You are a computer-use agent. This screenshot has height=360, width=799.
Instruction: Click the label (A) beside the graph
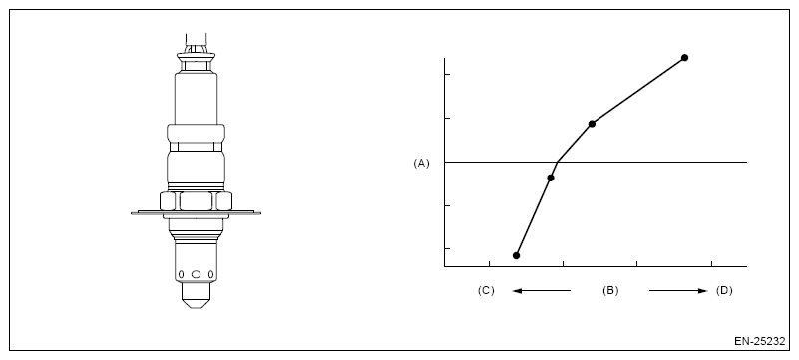click(x=421, y=163)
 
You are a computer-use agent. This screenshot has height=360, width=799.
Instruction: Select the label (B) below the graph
click(x=610, y=291)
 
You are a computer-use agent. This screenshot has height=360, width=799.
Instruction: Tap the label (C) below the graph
click(x=486, y=291)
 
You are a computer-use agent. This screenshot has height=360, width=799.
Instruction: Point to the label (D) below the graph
click(x=724, y=291)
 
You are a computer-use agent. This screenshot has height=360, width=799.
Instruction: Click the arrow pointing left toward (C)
click(x=542, y=291)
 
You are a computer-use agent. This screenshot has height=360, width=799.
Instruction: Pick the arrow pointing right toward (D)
click(x=678, y=291)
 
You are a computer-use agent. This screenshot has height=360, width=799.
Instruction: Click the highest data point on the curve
click(x=685, y=58)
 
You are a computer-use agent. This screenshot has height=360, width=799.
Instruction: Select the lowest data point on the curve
click(x=516, y=255)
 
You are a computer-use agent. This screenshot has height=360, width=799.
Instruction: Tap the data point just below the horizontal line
click(x=551, y=178)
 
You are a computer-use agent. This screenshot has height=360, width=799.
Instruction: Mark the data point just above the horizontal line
click(x=592, y=124)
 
